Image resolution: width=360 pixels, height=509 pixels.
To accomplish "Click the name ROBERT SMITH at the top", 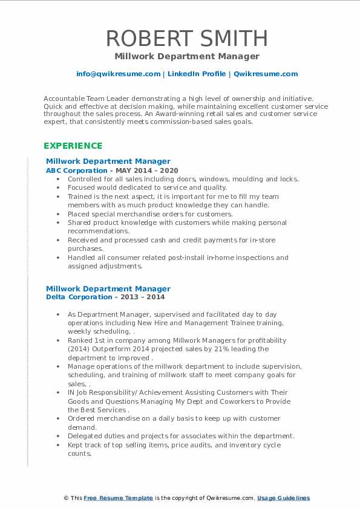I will tap(186, 38).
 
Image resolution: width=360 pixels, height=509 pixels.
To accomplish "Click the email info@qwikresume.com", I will tap(118, 74).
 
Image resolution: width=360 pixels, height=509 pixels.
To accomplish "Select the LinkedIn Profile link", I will tap(189, 74).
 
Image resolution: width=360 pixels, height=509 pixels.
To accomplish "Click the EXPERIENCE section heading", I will tap(73, 146).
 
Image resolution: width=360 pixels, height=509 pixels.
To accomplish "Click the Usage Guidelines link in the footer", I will tap(283, 498).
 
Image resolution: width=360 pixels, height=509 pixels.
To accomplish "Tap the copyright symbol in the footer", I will tap(66, 498).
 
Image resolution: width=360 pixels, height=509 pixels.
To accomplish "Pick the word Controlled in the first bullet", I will tap(87, 179).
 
